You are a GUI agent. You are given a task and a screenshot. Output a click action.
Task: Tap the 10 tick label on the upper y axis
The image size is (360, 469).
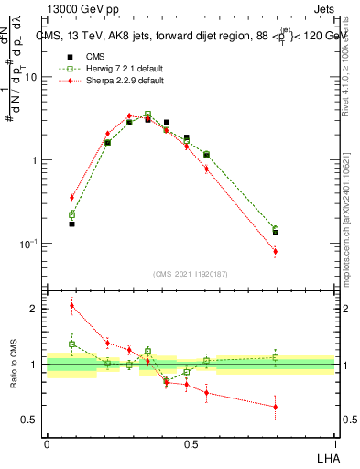30,77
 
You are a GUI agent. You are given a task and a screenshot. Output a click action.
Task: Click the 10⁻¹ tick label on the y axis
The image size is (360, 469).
28,244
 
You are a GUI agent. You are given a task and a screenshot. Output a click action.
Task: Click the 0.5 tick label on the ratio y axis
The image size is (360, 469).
30,420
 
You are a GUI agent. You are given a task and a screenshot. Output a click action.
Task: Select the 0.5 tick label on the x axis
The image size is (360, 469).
191,443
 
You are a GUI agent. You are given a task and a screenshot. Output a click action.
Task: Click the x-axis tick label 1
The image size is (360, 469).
333,443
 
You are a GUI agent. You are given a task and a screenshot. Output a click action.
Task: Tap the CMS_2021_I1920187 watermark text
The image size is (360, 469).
191,275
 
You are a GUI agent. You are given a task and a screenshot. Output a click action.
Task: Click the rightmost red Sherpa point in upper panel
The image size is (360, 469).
275,251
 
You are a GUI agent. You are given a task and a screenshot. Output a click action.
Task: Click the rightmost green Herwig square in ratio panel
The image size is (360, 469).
275,357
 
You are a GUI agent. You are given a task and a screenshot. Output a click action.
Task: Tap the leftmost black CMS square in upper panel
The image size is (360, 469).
72,224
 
